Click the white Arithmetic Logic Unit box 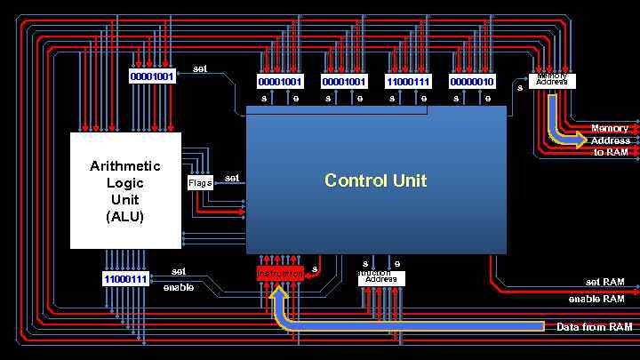click(125, 191)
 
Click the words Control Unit click(375, 180)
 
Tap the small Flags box click(200, 183)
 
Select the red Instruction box click(280, 273)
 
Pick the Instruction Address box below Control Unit click(381, 277)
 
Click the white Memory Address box click(552, 81)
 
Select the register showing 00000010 click(472, 82)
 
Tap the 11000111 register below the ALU click(126, 279)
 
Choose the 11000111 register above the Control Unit click(408, 82)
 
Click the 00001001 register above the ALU click(152, 76)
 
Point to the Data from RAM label click(595, 327)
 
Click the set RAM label click(604, 282)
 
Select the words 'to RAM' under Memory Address click(611, 152)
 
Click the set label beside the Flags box click(232, 178)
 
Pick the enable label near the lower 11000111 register click(178, 287)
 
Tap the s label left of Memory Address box click(520, 87)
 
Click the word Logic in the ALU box click(125, 182)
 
